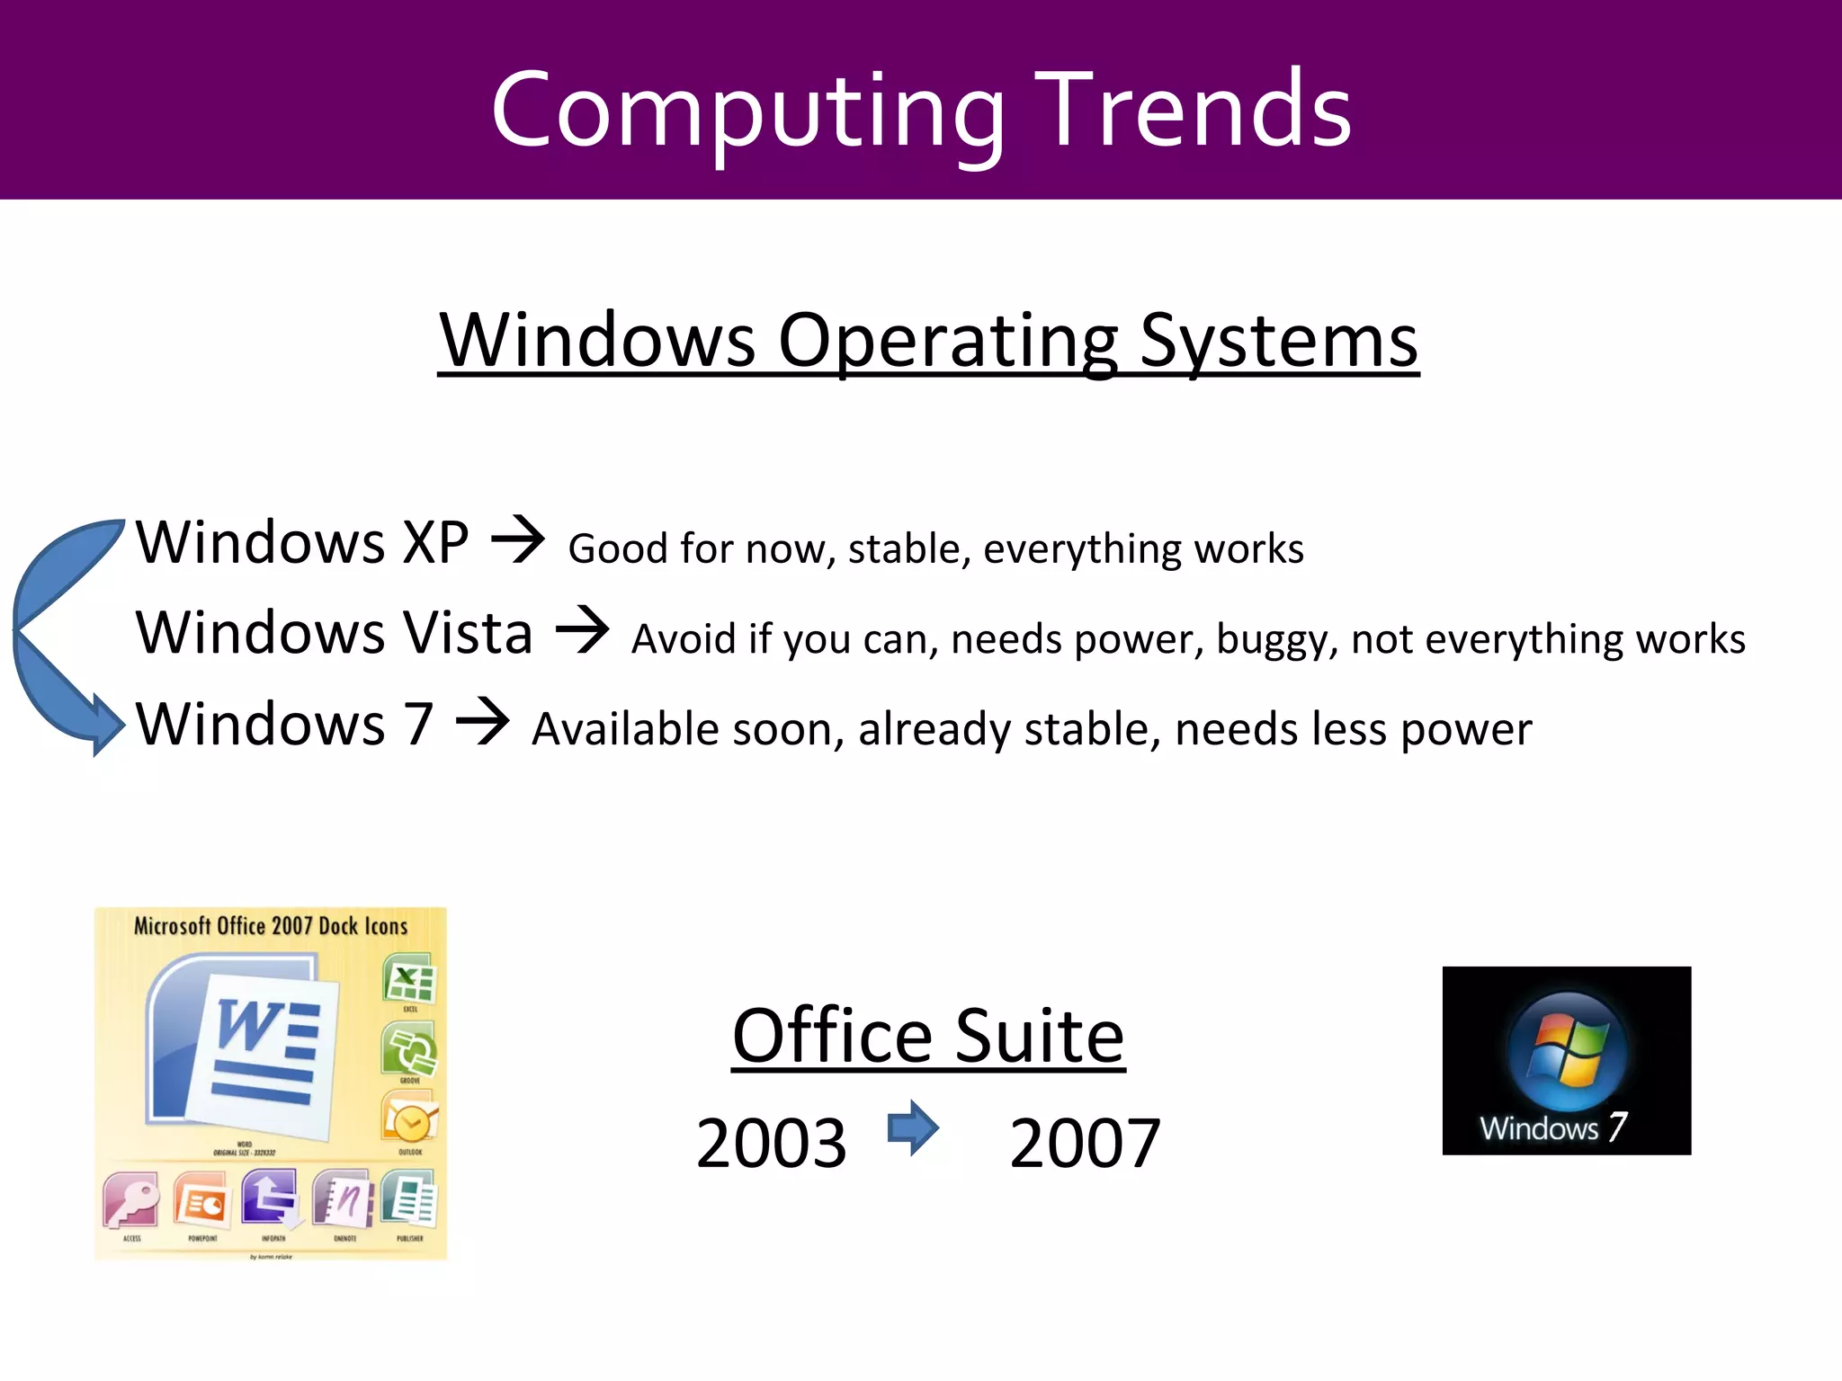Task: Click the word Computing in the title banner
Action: [747, 112]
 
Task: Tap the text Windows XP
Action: [302, 543]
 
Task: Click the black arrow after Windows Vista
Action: [583, 629]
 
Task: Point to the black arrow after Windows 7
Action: [483, 721]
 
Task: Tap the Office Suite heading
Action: [928, 1036]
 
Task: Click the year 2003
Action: [771, 1144]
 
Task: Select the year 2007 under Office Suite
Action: [1085, 1144]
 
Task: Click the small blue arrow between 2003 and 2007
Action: [913, 1127]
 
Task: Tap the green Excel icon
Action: [410, 979]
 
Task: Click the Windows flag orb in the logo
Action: [1567, 1050]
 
